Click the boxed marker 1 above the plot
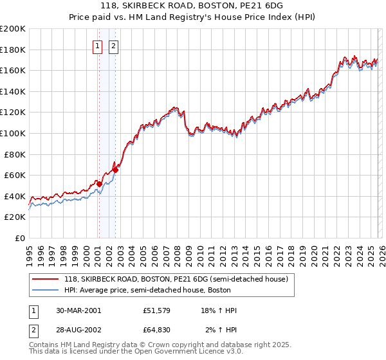(x=97, y=46)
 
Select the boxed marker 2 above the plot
(x=113, y=46)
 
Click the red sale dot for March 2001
(x=100, y=184)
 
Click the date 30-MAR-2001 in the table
(x=78, y=310)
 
